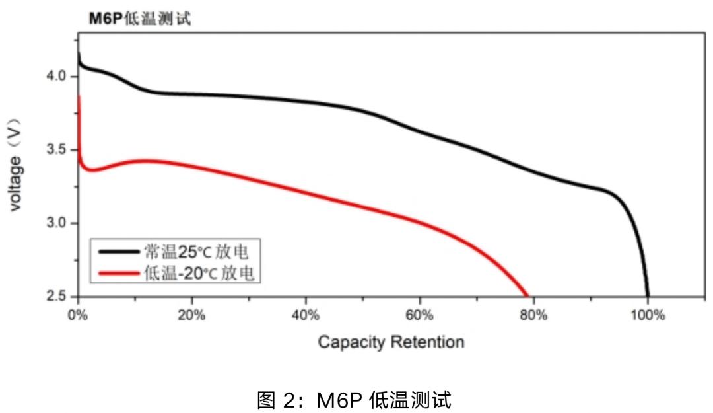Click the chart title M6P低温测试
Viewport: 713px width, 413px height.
(140, 19)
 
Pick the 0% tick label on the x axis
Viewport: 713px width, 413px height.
(78, 315)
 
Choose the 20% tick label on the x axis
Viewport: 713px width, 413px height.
(191, 315)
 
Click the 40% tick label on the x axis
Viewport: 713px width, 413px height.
(306, 315)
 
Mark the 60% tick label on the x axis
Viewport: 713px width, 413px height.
(420, 315)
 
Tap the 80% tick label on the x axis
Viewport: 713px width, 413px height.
(533, 315)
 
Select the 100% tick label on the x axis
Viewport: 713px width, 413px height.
(648, 315)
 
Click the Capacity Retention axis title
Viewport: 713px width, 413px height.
(391, 342)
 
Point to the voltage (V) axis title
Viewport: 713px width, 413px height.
(16, 165)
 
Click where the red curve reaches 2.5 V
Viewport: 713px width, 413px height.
(527, 295)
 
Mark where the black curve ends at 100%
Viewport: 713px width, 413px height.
(648, 295)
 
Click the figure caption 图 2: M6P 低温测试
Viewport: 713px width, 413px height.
(356, 398)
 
